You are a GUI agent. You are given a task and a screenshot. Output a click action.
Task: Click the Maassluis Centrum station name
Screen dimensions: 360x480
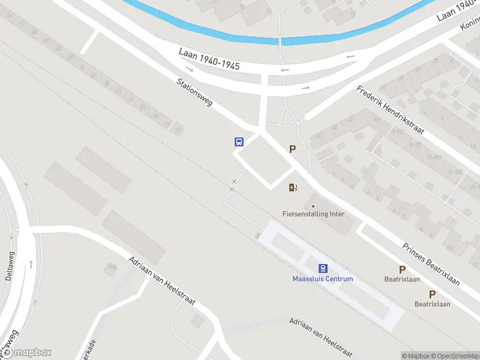pos(322,278)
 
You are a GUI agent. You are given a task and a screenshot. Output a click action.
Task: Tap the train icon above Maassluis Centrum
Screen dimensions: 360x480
pos(323,268)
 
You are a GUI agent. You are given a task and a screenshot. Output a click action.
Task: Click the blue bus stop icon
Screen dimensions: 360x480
pos(239,142)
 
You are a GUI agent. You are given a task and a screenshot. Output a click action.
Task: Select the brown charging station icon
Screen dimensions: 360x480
pos(292,187)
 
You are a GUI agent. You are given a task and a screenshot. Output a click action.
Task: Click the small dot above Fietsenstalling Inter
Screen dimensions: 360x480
pos(313,206)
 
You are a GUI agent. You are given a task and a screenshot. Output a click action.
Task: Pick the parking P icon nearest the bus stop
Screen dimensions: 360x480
pos(292,149)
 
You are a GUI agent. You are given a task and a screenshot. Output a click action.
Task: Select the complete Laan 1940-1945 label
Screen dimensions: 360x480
pos(209,59)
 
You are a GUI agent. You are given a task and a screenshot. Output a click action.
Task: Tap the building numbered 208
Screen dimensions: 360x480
pos(110,266)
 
